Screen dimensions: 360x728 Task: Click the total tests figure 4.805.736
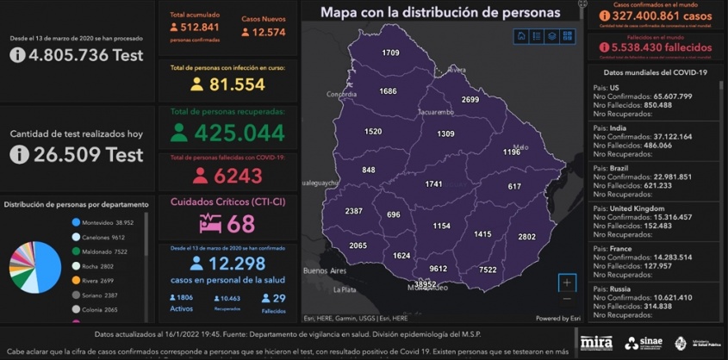(x=85, y=55)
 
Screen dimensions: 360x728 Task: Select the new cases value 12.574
(x=264, y=33)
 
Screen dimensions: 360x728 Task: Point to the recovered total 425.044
(x=239, y=133)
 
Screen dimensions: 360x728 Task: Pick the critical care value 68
(x=240, y=224)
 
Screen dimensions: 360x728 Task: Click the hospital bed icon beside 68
(x=210, y=224)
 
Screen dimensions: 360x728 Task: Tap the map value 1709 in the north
(x=390, y=53)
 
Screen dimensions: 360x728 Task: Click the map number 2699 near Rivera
(x=470, y=99)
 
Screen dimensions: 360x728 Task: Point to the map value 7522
(x=488, y=270)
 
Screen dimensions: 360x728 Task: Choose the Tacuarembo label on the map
(x=436, y=112)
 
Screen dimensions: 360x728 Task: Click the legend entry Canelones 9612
(x=105, y=238)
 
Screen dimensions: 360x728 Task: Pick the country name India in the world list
(x=620, y=127)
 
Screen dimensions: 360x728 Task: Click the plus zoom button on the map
(x=566, y=282)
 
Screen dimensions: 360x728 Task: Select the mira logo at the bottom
(x=596, y=343)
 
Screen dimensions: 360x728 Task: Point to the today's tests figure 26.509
(x=88, y=154)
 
